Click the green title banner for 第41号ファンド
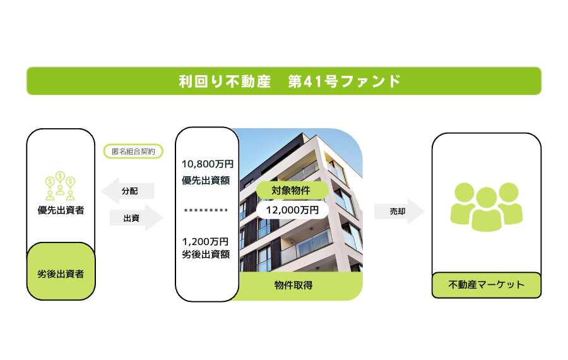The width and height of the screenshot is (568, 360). [284, 81]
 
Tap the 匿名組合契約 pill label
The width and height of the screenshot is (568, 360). [133, 151]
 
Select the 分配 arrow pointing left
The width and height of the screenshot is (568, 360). [127, 191]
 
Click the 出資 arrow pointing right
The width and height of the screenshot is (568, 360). [136, 217]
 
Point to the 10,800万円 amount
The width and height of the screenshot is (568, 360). [208, 164]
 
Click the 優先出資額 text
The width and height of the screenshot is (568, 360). [206, 180]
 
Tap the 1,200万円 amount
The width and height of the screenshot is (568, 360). [205, 241]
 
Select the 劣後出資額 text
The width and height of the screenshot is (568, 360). [206, 254]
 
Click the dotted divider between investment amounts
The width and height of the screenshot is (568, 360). [206, 210]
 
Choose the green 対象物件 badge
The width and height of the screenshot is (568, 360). [292, 190]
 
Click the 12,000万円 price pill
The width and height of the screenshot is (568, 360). [292, 210]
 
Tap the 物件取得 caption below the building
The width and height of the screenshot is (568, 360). [293, 285]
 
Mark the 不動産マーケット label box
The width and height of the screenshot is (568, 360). [487, 285]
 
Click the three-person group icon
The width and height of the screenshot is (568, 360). [487, 207]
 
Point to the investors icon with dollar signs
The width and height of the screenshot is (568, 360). [60, 186]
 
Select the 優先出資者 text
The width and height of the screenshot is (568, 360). [61, 210]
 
